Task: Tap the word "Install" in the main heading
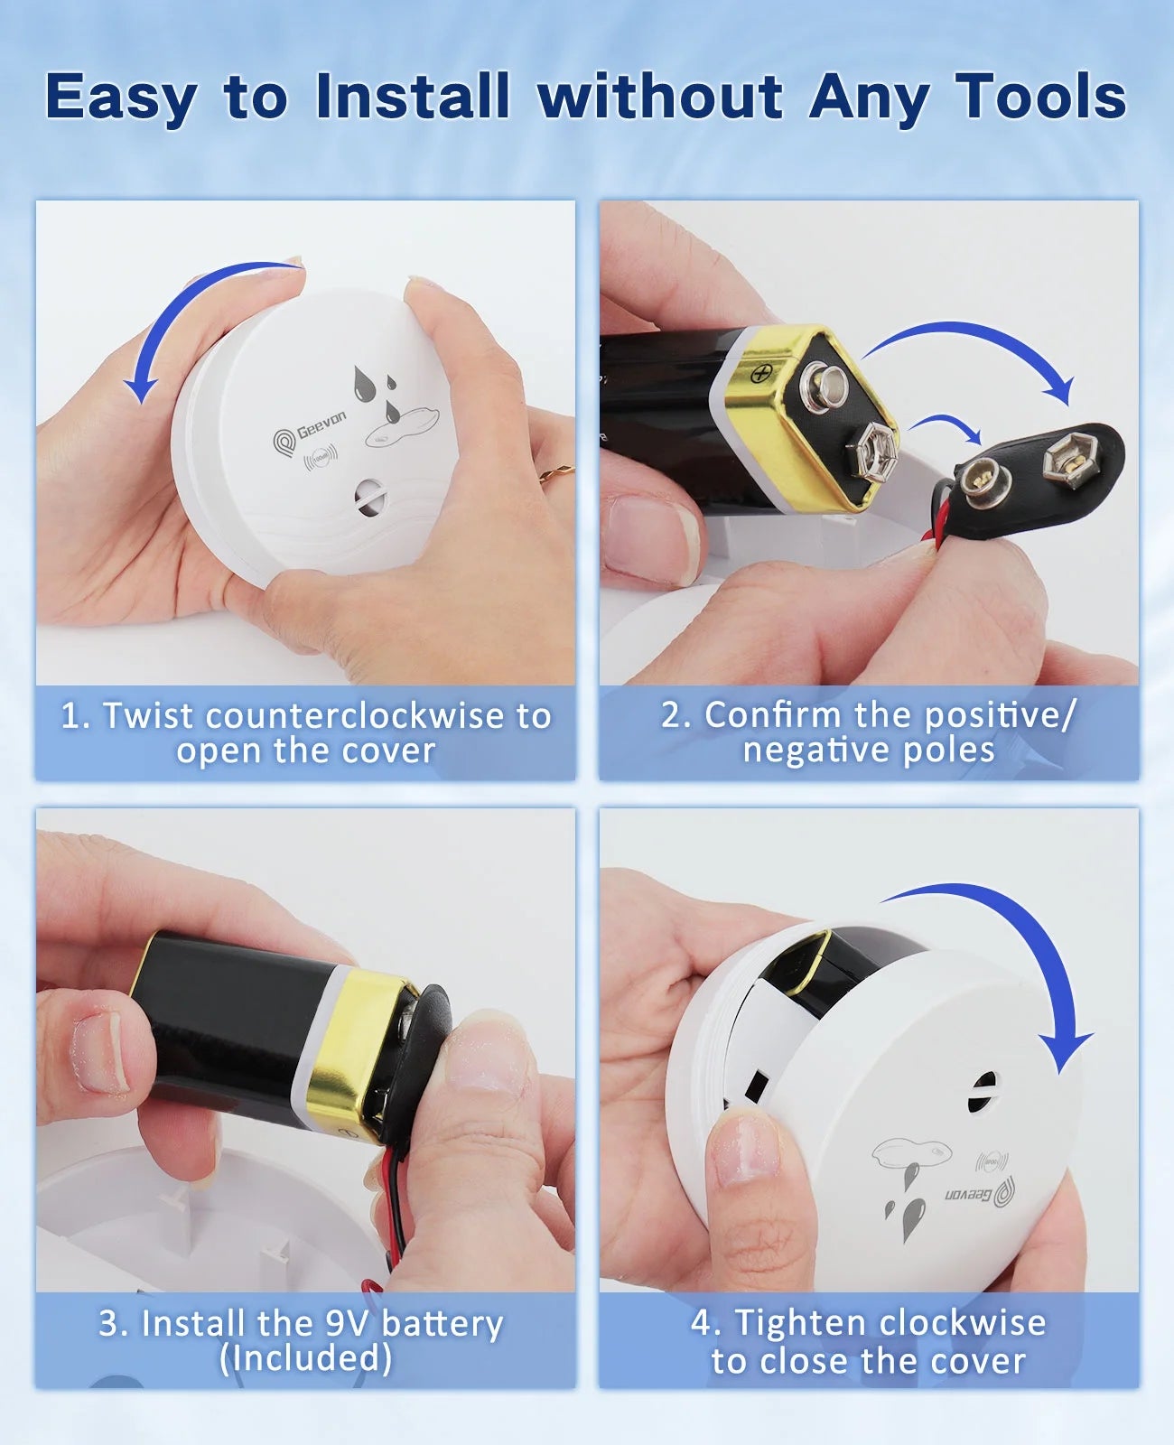413,96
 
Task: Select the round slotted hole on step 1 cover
370,497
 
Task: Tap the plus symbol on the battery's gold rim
759,372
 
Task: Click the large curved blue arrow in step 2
975,348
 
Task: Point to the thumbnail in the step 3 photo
100,1052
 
